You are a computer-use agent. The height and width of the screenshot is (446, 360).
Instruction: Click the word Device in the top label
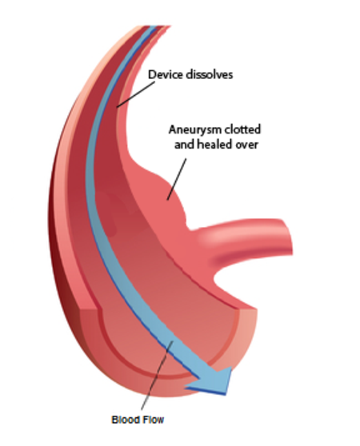click(x=166, y=74)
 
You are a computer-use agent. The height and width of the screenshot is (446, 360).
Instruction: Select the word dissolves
click(x=209, y=74)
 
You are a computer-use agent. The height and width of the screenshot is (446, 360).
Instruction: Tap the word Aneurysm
click(x=195, y=129)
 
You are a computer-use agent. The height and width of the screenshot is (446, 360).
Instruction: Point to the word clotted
click(x=242, y=129)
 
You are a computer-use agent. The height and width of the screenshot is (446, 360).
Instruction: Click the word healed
click(x=212, y=145)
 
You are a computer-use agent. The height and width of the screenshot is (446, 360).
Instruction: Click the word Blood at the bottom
click(x=124, y=420)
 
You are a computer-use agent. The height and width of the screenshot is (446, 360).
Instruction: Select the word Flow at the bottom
click(x=152, y=420)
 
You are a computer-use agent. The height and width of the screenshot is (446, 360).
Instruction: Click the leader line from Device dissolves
click(x=136, y=94)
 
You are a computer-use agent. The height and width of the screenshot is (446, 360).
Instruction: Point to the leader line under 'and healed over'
click(x=177, y=179)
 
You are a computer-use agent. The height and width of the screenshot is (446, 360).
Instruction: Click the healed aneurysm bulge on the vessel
click(x=168, y=197)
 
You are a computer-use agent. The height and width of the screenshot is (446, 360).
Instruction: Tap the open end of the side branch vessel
click(x=286, y=237)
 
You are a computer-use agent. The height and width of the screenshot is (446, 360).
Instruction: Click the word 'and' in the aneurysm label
click(x=184, y=145)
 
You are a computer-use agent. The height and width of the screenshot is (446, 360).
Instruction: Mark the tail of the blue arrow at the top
click(x=153, y=27)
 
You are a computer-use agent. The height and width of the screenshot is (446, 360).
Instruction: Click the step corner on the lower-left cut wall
click(x=98, y=309)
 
